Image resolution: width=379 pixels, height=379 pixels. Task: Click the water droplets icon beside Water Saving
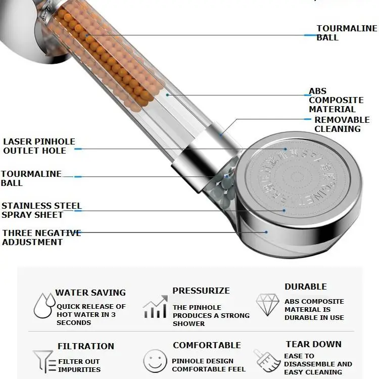(44, 305)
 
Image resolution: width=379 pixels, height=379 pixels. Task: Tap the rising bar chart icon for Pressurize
(155, 307)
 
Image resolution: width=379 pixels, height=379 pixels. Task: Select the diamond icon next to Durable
(267, 305)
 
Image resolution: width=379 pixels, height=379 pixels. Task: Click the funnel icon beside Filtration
(43, 361)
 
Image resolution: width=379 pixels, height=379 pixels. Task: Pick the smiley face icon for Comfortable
(155, 361)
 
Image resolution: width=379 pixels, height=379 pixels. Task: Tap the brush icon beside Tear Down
(266, 360)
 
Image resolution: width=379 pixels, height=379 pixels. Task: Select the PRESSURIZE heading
(201, 291)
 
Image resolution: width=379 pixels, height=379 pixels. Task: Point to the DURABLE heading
(305, 287)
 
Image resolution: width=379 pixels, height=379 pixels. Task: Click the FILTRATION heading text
(86, 346)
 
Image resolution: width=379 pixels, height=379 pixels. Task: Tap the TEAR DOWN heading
(313, 344)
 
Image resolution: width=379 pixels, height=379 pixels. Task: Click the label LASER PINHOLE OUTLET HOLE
(39, 146)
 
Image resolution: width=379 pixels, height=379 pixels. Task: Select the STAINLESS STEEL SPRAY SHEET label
(41, 210)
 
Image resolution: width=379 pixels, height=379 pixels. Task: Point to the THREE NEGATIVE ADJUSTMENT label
(41, 238)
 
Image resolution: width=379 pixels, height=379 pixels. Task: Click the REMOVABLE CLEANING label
(342, 124)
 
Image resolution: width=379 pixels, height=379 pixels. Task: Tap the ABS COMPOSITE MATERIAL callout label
(336, 100)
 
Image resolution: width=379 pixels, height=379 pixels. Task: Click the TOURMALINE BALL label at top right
(347, 33)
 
